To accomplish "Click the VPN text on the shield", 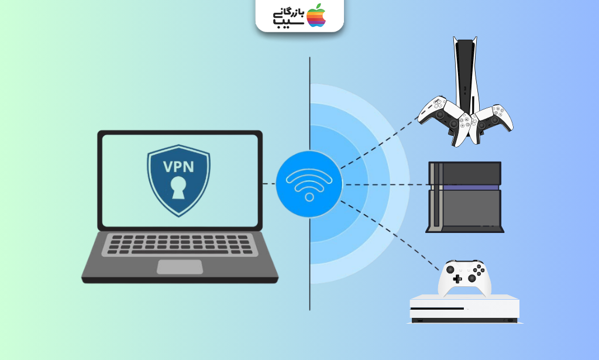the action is [178, 167].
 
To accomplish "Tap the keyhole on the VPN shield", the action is [178, 188].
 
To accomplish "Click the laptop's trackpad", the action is [180, 267].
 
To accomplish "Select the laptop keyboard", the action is [180, 245].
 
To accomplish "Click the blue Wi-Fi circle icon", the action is [309, 184].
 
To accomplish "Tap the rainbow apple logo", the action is [316, 16].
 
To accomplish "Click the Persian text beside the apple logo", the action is [288, 17].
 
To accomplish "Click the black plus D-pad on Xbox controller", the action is [457, 279].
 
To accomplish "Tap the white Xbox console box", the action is [464, 309].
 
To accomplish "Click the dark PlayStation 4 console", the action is [464, 197].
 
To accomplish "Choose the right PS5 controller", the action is [491, 122].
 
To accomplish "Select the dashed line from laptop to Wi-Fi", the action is [269, 184].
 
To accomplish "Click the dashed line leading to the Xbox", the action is [389, 235].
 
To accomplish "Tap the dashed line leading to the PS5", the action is [379, 143].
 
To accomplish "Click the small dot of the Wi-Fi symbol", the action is [309, 197].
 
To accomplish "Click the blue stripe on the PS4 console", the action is [465, 187].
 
